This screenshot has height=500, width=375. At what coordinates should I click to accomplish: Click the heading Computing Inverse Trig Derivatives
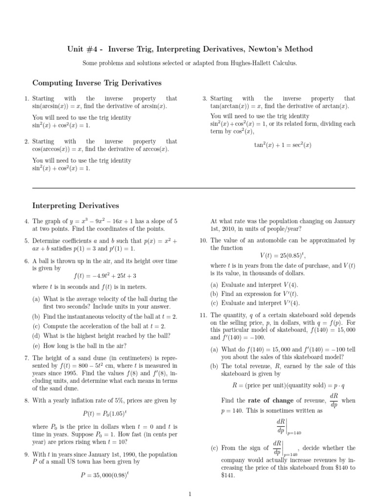97,83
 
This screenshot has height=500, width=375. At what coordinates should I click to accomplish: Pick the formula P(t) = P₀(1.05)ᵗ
104,413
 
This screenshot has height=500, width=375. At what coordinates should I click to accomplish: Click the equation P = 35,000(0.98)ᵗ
104,474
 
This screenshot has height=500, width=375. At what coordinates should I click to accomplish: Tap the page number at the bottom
189,494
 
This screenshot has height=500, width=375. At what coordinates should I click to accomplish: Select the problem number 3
205,99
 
